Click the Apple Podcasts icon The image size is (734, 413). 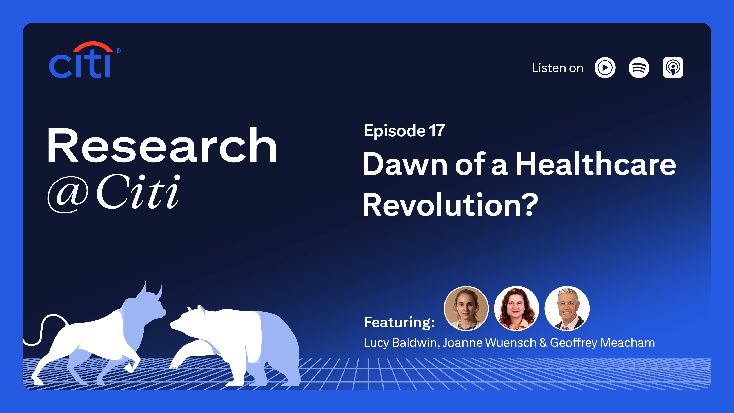click(673, 68)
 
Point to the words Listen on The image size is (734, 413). click(558, 68)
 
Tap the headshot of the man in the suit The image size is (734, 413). click(567, 308)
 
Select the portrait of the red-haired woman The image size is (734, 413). click(516, 308)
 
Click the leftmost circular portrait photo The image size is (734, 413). click(466, 308)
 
